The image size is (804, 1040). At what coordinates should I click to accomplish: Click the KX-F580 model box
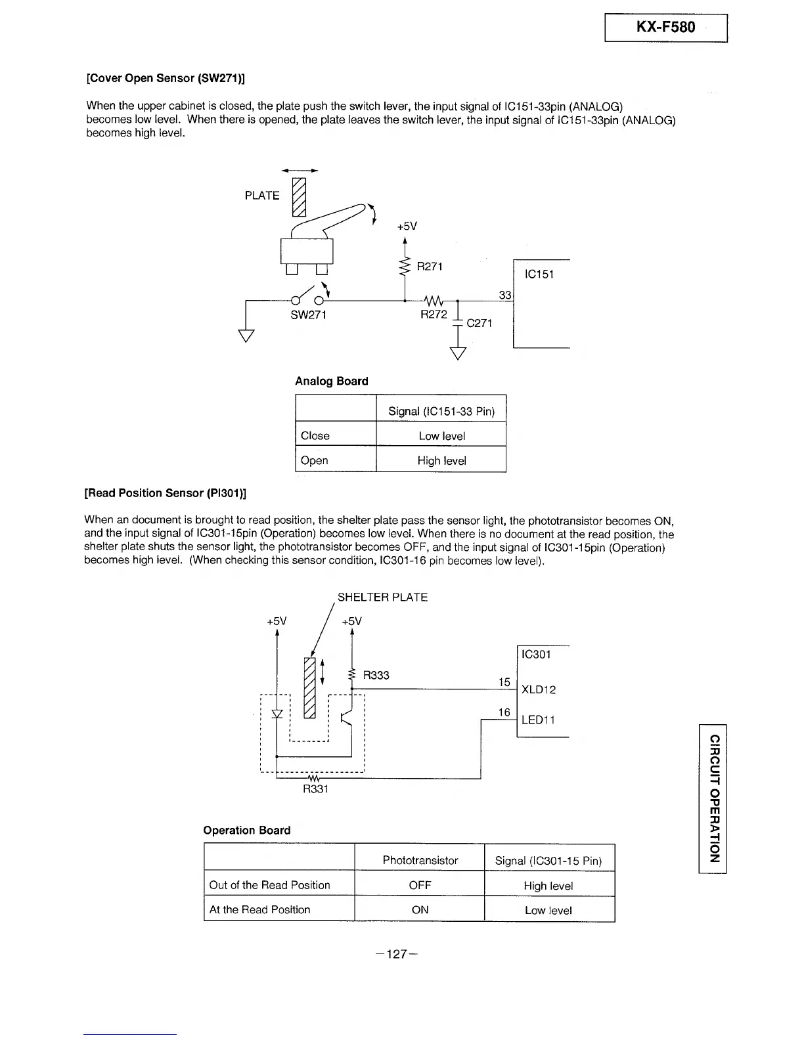(665, 28)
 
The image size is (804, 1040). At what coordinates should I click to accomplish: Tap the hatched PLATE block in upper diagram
(299, 196)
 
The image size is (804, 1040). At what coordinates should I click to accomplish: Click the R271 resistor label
(430, 267)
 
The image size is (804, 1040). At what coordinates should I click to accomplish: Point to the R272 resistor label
(434, 314)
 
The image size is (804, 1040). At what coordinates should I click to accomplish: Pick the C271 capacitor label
(479, 323)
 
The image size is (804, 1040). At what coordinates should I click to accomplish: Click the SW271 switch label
(308, 315)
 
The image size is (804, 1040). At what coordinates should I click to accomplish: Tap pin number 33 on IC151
(504, 295)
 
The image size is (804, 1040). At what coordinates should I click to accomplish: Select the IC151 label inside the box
(539, 274)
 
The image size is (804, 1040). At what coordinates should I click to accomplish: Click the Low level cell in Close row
(441, 436)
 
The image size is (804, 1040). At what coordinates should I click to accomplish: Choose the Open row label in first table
(314, 460)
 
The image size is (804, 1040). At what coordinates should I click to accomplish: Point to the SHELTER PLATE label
(382, 597)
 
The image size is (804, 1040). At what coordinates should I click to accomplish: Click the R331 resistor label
(315, 789)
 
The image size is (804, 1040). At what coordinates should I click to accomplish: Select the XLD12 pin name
(539, 690)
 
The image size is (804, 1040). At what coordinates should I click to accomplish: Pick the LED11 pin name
(538, 720)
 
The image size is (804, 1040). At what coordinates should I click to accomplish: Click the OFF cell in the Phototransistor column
(420, 885)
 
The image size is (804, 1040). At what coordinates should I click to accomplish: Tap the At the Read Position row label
(259, 910)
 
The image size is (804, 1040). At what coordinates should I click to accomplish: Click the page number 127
(397, 955)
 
